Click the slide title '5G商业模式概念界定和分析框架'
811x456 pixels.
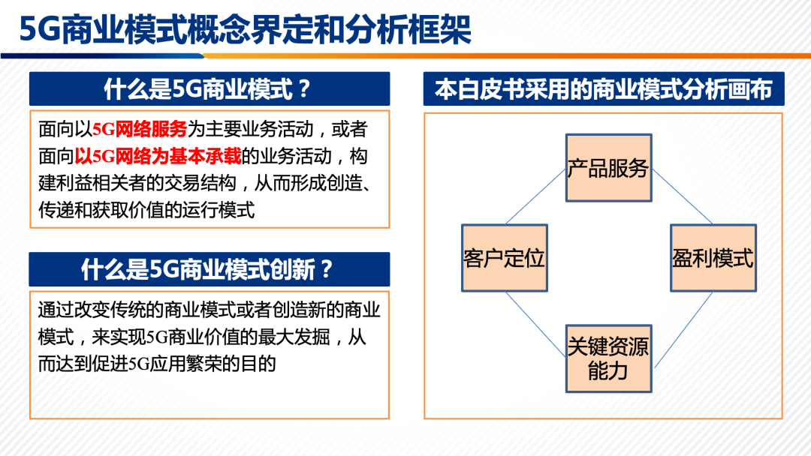[x=245, y=29]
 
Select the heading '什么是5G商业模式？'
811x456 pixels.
[x=207, y=89]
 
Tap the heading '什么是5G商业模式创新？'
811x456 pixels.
[x=207, y=269]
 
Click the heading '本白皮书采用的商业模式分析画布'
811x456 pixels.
[x=604, y=89]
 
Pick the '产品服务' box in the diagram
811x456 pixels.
[x=609, y=168]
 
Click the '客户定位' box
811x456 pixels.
[x=505, y=258]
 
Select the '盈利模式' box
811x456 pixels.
[x=713, y=258]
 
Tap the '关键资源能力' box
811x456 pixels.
[x=609, y=358]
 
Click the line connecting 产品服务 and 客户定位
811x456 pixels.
[x=535, y=196]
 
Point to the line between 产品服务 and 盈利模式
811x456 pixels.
[x=682, y=196]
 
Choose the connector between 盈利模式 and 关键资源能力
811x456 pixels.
[x=684, y=329]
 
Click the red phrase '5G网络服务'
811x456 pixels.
[x=140, y=129]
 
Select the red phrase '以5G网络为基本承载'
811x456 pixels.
[x=158, y=156]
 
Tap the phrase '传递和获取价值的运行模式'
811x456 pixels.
[x=146, y=210]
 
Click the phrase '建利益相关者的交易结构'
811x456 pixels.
[x=137, y=183]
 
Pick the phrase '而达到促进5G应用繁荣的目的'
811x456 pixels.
[x=157, y=364]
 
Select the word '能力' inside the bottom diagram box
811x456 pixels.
[x=608, y=370]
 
